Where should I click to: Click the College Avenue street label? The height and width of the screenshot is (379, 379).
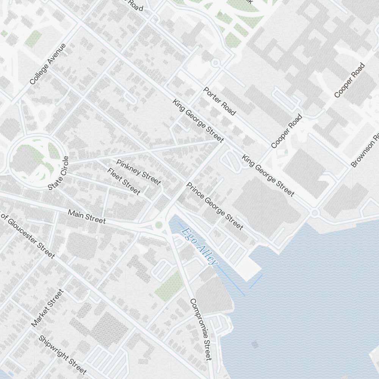[48, 64]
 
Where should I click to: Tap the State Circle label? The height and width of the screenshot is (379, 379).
[59, 173]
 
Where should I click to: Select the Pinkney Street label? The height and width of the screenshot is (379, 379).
[138, 172]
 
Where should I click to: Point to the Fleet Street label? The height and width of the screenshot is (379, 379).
[124, 181]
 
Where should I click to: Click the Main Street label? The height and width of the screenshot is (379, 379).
[87, 216]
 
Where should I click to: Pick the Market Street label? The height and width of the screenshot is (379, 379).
[47, 308]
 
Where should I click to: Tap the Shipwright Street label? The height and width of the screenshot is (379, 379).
[63, 354]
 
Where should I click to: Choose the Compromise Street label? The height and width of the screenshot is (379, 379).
[200, 329]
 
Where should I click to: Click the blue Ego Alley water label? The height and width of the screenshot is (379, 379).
[200, 246]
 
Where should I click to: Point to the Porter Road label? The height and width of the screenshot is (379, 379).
[220, 101]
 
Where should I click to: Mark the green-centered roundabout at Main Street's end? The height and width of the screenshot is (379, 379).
[159, 225]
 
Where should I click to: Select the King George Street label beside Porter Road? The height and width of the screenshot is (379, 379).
[198, 121]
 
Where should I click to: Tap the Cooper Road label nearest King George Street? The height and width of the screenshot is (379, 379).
[287, 131]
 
